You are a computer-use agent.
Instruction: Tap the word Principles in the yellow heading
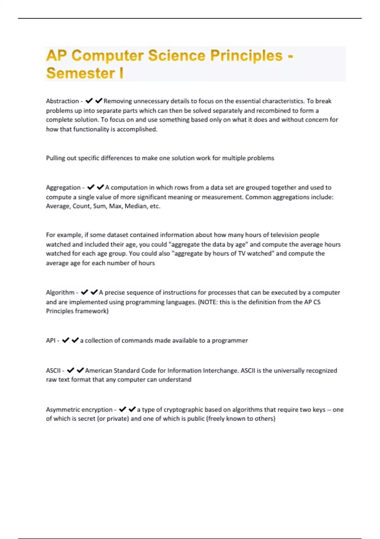pyautogui.click(x=246, y=56)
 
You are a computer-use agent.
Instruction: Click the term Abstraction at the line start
pyautogui.click(x=62, y=101)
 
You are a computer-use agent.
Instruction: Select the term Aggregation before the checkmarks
pyautogui.click(x=63, y=188)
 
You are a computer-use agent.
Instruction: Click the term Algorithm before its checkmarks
pyautogui.click(x=60, y=293)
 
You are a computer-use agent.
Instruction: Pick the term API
pyautogui.click(x=51, y=341)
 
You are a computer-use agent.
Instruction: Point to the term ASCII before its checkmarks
pyautogui.click(x=53, y=371)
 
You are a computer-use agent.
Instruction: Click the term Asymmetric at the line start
pyautogui.click(x=63, y=410)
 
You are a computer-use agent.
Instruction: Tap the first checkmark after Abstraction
pyautogui.click(x=89, y=101)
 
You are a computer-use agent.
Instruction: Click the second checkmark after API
pyautogui.click(x=75, y=340)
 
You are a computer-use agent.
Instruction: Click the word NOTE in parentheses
pyautogui.click(x=208, y=302)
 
